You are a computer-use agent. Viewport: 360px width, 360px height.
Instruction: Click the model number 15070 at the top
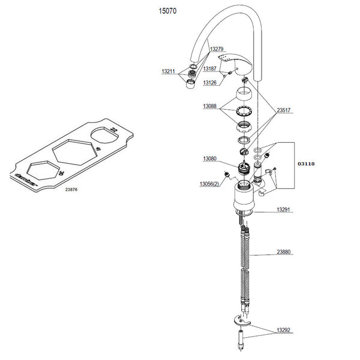pos(167,11)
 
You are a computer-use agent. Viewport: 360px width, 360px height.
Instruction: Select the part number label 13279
pos(216,48)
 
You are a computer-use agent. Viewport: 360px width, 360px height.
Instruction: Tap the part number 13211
pos(168,71)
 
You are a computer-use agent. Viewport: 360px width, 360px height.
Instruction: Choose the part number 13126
pos(209,83)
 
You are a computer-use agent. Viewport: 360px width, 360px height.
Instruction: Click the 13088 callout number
pos(210,106)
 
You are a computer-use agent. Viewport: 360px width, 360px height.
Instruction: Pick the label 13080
pos(209,159)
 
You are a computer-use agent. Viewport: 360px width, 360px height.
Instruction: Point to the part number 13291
pos(283,210)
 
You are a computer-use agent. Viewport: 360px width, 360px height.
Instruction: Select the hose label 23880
pos(283,253)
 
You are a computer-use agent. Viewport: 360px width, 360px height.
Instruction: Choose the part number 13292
pos(283,330)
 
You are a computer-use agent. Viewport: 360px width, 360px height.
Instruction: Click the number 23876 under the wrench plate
pos(71,189)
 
